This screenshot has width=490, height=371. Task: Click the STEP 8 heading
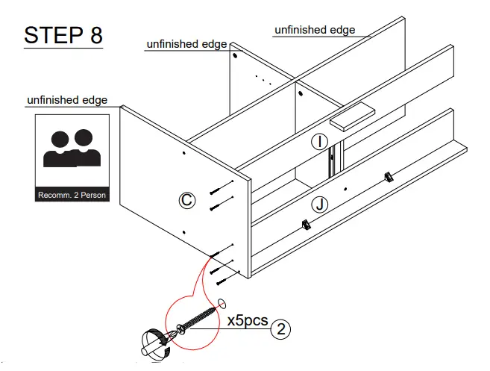[63, 34]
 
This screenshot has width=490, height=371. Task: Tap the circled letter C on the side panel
[187, 199]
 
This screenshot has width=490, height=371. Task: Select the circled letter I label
[318, 141]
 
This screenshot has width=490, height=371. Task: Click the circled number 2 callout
[280, 328]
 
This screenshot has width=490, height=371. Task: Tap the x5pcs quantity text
[248, 322]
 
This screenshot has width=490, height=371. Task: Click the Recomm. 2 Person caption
[72, 196]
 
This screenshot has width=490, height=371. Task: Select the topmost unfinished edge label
[314, 30]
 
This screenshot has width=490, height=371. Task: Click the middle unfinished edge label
[186, 45]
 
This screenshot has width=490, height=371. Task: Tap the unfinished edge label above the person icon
[67, 100]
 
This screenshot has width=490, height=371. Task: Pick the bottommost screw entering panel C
[223, 281]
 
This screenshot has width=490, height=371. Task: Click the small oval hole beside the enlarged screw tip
[222, 303]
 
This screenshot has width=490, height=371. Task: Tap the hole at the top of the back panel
[235, 55]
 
